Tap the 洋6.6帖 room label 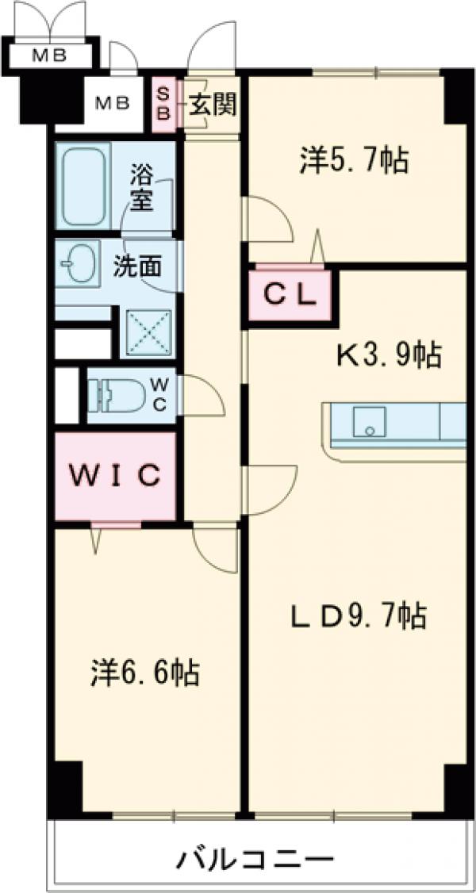coord(144,673)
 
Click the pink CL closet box coord(290,296)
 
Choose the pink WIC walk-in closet coord(115,476)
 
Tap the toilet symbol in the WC coord(116,393)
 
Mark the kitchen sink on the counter coord(369,421)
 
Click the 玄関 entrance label coord(212,103)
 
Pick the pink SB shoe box coord(162,103)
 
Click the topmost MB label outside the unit coord(49,55)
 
